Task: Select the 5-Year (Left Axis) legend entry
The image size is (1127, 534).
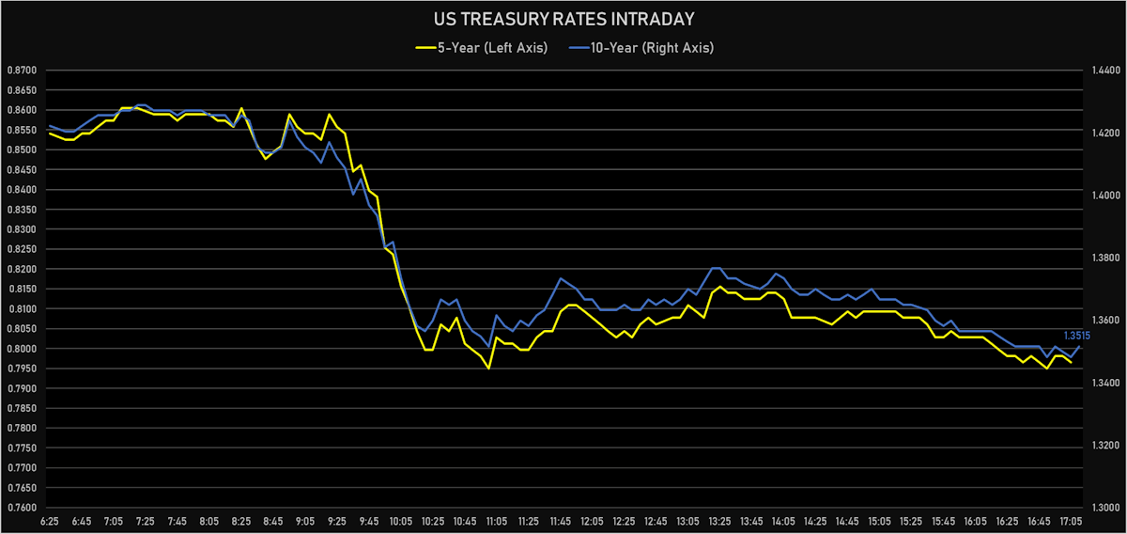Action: coord(478,48)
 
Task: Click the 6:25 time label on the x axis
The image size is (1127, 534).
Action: coord(50,520)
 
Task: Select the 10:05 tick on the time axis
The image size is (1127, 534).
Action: coord(401,520)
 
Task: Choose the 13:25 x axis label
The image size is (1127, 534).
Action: coord(719,520)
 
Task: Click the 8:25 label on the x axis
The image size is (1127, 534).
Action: coord(241,520)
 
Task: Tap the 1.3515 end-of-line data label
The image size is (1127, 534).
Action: coord(1076,336)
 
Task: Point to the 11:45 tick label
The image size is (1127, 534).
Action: coord(561,520)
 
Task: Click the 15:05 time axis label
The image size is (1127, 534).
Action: coord(879,520)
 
